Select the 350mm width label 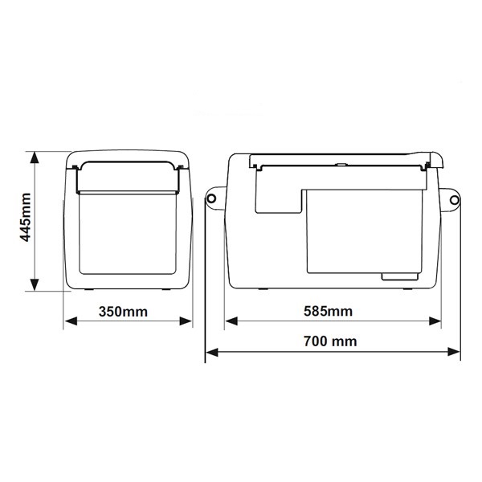(x=128, y=311)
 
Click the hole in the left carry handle (x=214, y=196)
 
